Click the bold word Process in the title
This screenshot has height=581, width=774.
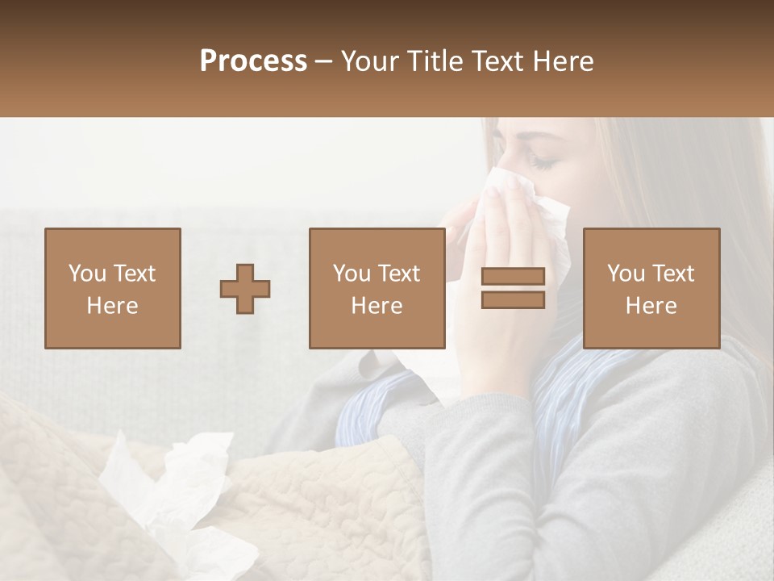pyautogui.click(x=253, y=61)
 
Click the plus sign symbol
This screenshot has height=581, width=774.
pyautogui.click(x=245, y=289)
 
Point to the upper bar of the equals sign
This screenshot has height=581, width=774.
pyautogui.click(x=513, y=277)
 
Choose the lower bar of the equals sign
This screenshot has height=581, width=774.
pyautogui.click(x=513, y=299)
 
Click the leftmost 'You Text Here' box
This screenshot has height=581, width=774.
pyautogui.click(x=112, y=288)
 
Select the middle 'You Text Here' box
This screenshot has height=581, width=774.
pyautogui.click(x=377, y=288)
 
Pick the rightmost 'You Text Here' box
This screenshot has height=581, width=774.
pyautogui.click(x=651, y=288)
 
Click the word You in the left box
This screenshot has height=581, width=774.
pyautogui.click(x=87, y=274)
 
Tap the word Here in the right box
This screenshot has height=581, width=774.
pyautogui.click(x=651, y=306)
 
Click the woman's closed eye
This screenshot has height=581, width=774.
pyautogui.click(x=542, y=164)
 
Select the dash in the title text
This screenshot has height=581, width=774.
pyautogui.click(x=323, y=61)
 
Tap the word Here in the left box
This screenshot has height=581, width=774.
pyautogui.click(x=112, y=306)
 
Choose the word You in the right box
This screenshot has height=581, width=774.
pyautogui.click(x=626, y=274)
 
